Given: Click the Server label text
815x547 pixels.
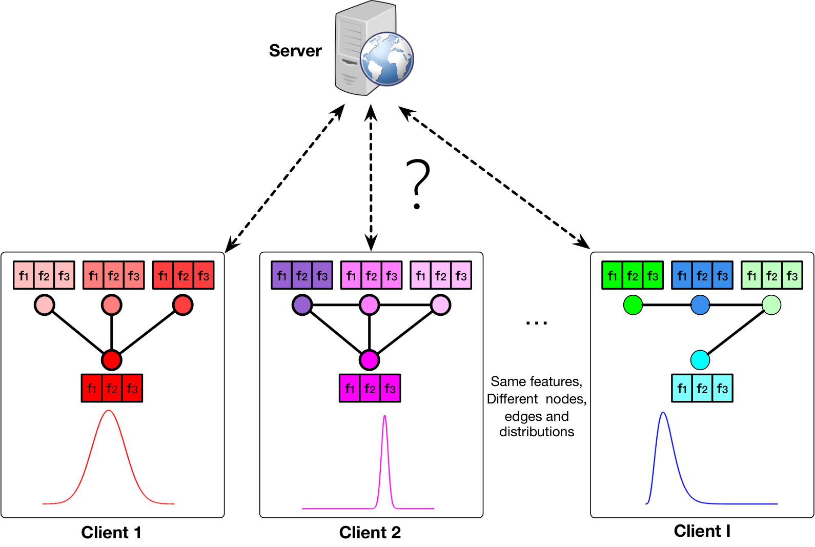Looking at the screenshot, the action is [295, 51].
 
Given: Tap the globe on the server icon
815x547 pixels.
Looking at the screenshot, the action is [387, 59].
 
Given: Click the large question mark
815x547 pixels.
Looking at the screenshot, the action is [418, 184].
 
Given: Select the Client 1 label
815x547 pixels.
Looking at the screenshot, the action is [111, 532].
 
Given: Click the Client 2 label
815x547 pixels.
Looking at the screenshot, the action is [370, 532].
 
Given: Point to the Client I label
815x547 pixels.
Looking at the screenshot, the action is [702, 531].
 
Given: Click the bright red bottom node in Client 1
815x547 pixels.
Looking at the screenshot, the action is [111, 360].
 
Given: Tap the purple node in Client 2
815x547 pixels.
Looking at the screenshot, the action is [302, 305].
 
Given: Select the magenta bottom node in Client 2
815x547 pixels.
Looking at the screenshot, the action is [369, 360].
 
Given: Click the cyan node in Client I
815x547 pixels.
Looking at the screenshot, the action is [700, 360].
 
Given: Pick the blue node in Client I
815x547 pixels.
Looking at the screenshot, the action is [700, 305].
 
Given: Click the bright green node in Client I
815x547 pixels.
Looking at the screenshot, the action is [633, 305].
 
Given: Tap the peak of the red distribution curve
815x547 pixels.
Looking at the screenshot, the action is [109, 411].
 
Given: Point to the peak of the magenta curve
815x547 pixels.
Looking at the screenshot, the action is [384, 416].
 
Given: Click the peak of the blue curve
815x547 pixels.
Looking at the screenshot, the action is [663, 412].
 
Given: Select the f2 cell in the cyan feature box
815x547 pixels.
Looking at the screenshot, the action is [702, 388].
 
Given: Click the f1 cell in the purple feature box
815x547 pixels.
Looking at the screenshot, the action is [281, 275].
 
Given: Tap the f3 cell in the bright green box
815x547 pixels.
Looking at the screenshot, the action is [653, 275].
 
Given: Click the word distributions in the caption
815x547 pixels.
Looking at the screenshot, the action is [537, 432].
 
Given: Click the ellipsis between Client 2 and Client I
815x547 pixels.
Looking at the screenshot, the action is [537, 323].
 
